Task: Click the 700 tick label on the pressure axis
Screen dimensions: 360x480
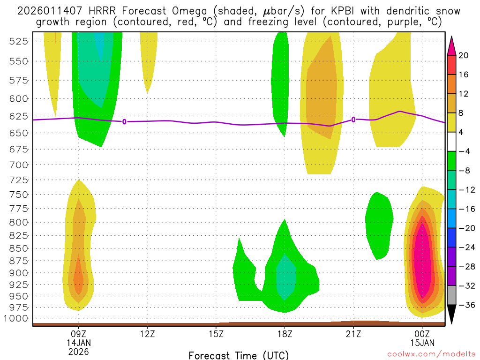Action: (19, 165)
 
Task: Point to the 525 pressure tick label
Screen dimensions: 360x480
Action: (19, 41)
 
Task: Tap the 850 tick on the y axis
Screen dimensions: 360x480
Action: (19, 248)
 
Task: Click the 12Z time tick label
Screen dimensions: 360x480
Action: (147, 334)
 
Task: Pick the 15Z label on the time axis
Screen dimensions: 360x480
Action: (216, 334)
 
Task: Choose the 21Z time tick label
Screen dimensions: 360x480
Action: (353, 334)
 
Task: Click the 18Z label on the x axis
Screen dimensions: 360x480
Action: (285, 334)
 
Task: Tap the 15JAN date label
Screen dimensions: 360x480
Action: (422, 343)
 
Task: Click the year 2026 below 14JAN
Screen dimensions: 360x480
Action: (78, 351)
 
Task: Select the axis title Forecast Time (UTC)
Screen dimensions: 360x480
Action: (239, 355)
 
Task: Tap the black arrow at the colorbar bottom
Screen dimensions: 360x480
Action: (452, 315)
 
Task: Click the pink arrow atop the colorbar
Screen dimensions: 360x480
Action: (452, 45)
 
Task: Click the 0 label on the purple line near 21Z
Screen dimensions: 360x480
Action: (353, 120)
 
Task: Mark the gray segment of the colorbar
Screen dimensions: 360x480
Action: (452, 295)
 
